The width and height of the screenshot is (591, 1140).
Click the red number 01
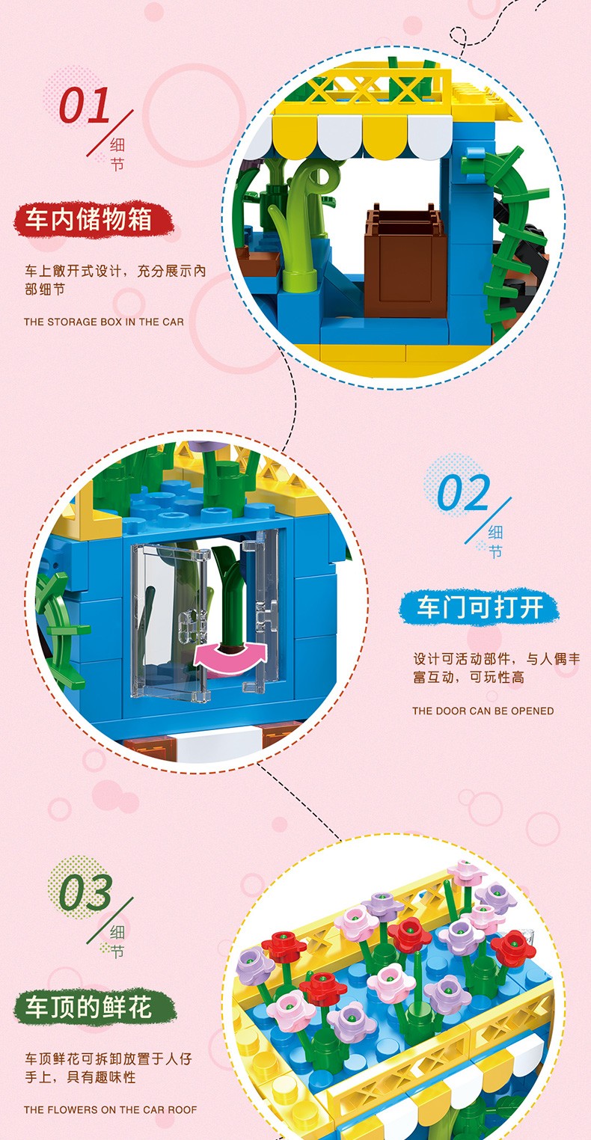(x=84, y=105)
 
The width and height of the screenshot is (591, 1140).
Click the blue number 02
(x=463, y=492)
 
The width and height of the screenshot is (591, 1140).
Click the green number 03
(x=85, y=892)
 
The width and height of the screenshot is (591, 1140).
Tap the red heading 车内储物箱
(x=89, y=219)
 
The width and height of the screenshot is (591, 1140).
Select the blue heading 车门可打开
(x=480, y=607)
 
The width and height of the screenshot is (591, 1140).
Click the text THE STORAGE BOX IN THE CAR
(x=104, y=322)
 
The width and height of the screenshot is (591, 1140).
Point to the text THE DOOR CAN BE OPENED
(x=483, y=711)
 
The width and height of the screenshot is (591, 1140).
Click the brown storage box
(x=405, y=261)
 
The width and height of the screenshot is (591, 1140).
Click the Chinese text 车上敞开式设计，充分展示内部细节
(x=115, y=280)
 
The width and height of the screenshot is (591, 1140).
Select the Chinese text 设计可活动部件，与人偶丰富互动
(x=496, y=668)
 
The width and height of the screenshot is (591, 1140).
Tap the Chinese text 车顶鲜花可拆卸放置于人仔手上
(x=108, y=1067)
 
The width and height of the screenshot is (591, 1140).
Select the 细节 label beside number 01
(x=117, y=154)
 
